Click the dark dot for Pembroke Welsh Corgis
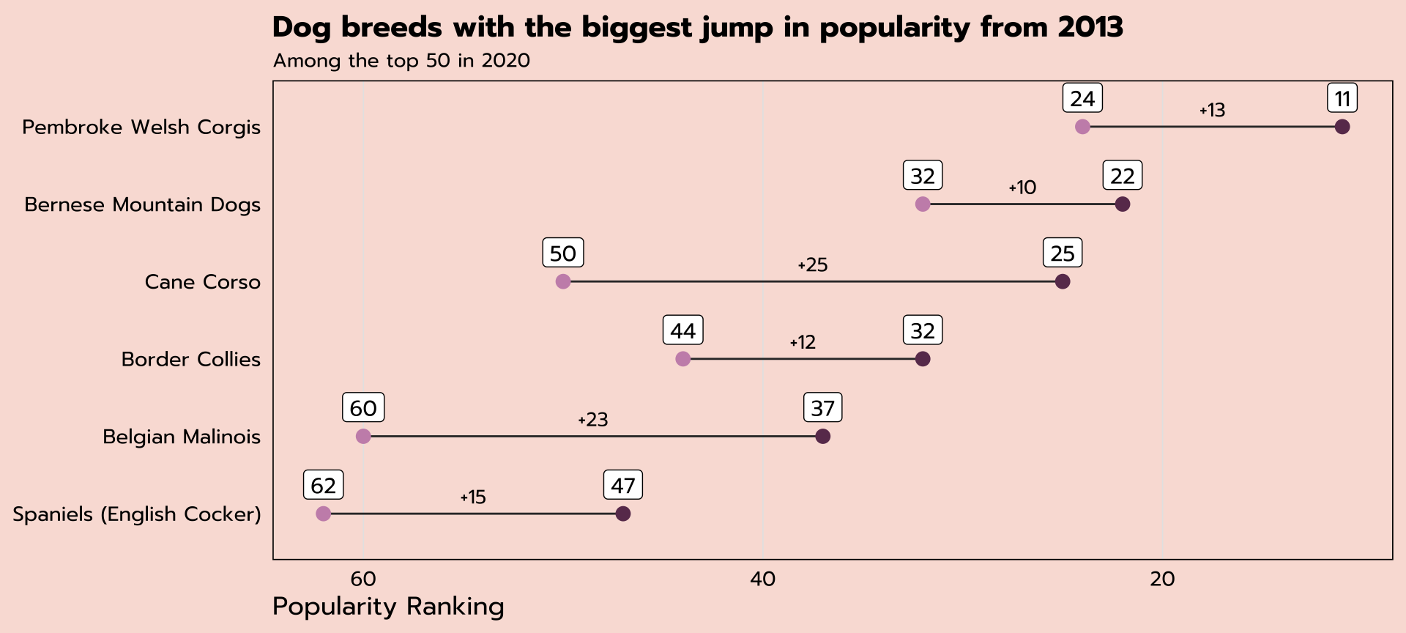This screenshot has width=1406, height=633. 1342,127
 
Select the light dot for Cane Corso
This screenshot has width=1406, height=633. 562,281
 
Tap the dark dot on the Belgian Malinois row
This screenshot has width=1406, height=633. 822,437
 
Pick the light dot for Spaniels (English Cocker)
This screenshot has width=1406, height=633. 323,514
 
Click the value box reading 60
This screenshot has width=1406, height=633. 363,408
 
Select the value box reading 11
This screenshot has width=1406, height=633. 1342,99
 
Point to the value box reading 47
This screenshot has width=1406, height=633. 623,485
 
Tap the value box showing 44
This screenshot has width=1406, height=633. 682,330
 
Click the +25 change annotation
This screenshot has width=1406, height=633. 812,265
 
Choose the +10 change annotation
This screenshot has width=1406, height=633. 1022,188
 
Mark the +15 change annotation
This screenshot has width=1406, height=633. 473,497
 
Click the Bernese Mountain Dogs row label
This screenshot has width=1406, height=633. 142,204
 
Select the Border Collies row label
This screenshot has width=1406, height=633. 190,359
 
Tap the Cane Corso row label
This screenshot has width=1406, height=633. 202,282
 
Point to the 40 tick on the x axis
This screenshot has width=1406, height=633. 762,580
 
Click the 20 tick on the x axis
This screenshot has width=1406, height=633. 1162,580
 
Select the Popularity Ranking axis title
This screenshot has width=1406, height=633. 388,607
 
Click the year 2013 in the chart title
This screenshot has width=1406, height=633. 1090,27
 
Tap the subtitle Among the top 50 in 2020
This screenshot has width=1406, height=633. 401,60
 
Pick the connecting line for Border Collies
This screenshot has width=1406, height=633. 803,359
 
